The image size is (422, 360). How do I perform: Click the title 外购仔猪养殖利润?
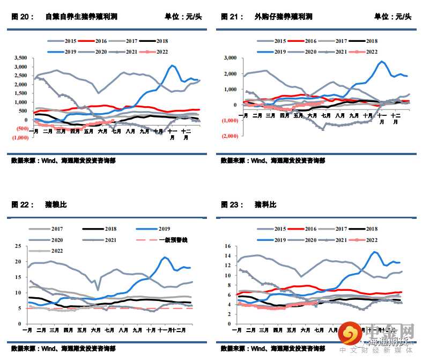[x=283, y=17]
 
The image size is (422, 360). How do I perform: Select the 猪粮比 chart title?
[x=56, y=204]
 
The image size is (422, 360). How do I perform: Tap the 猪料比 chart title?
[x=265, y=204]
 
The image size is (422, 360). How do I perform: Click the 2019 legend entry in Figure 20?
[x=62, y=52]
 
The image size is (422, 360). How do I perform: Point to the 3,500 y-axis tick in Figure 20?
[x=21, y=57]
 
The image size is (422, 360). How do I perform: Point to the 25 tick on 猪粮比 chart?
[x=18, y=246]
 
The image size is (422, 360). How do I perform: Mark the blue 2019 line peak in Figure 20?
[x=172, y=65]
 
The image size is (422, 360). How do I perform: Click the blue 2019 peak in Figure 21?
[x=382, y=61]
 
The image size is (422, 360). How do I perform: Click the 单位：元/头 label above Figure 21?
[x=393, y=17]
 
